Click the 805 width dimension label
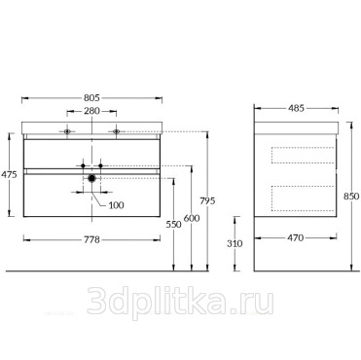click(x=91, y=97)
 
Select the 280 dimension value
click(x=91, y=111)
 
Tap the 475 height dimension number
click(x=9, y=174)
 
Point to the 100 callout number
click(x=116, y=205)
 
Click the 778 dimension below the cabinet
click(x=91, y=239)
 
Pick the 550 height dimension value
click(x=173, y=224)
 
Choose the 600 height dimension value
click(x=192, y=218)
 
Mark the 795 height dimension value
click(x=207, y=201)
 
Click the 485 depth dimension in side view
click(x=296, y=108)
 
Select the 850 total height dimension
click(x=351, y=197)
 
